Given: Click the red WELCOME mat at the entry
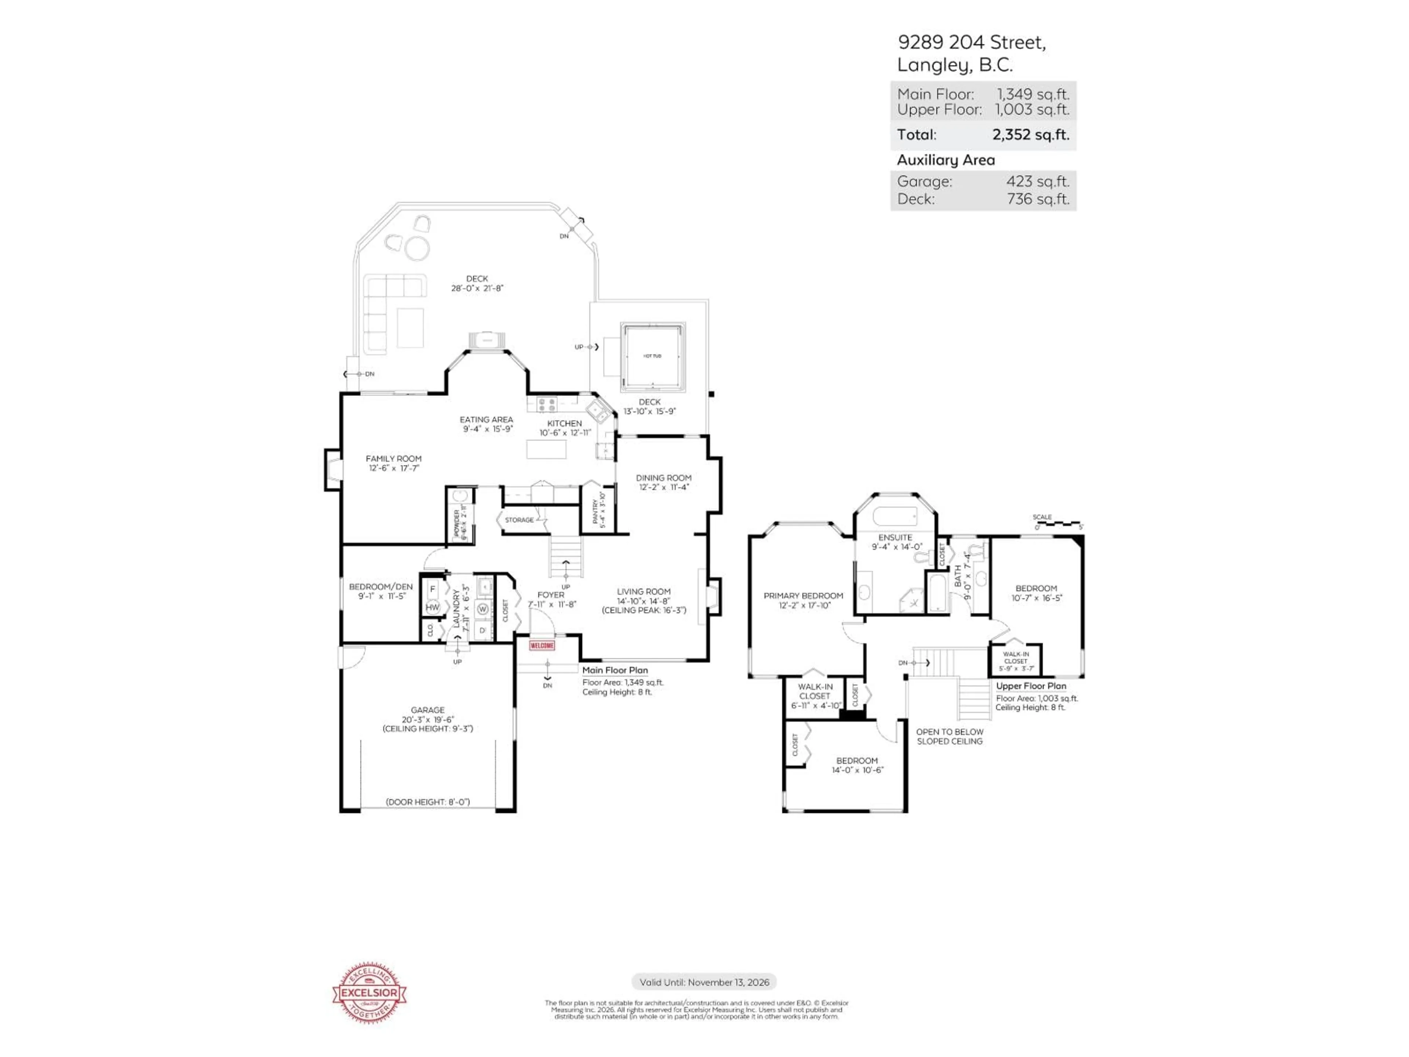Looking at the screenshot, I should click(x=542, y=646).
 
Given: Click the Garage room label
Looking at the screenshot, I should click(x=427, y=710).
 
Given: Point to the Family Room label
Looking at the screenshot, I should click(x=394, y=459).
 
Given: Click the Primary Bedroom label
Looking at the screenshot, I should click(x=803, y=596).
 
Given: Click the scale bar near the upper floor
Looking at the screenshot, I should click(x=1057, y=524).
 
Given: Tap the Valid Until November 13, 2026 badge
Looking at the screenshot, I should click(x=704, y=982).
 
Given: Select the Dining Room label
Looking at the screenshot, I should click(x=663, y=478).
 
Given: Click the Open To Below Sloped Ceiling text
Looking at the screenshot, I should click(x=949, y=737).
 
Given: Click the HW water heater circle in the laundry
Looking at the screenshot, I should click(x=433, y=607).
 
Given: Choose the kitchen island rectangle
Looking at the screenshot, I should click(x=546, y=449).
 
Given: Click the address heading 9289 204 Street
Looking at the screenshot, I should click(x=971, y=43).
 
